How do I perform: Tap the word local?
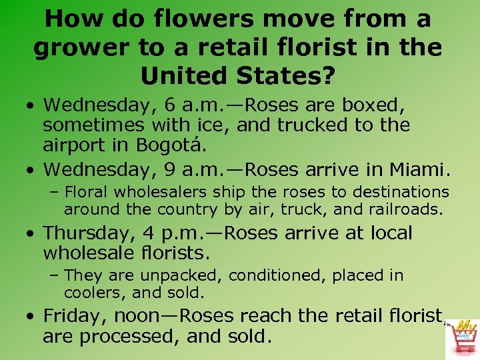point(386,233)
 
